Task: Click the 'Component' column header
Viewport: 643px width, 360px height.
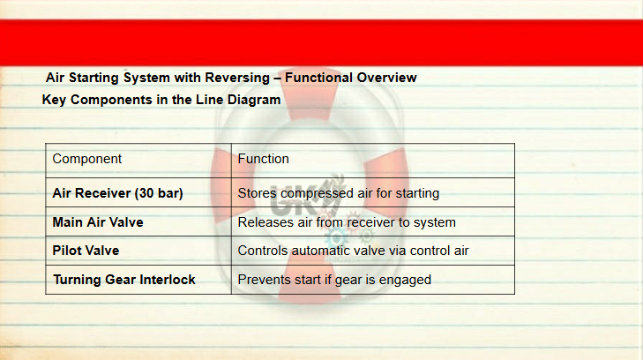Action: coord(87,159)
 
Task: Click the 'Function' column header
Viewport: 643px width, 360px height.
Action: coord(263,159)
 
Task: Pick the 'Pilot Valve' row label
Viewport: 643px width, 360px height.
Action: coord(86,251)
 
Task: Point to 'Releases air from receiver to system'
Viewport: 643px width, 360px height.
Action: coord(347,222)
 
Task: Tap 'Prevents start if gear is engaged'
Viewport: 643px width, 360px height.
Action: coord(334,280)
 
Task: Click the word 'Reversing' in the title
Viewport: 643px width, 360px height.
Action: coord(237,78)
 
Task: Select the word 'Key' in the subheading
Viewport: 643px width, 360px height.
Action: coord(54,100)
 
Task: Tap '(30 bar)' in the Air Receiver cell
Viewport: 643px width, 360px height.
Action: coord(159,193)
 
